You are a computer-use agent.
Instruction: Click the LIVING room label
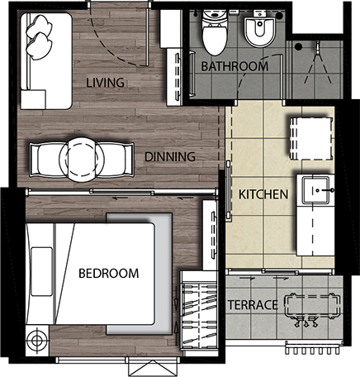click(x=105, y=83)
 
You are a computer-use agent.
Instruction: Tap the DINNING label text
click(x=170, y=156)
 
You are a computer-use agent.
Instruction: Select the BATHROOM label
click(x=234, y=66)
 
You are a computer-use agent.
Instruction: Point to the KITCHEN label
click(x=263, y=194)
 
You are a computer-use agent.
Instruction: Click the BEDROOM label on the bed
click(x=109, y=273)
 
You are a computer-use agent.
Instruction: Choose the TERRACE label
click(x=253, y=305)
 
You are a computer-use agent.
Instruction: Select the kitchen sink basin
click(x=315, y=190)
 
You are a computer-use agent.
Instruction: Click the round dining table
click(x=82, y=160)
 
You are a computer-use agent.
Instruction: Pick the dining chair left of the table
click(x=45, y=160)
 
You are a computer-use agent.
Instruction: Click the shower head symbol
click(x=318, y=47)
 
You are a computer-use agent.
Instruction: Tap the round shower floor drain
click(x=298, y=46)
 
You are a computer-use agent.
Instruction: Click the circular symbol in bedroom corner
click(x=36, y=340)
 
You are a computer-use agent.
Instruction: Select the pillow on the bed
click(x=41, y=271)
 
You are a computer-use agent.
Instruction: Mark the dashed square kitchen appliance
click(x=310, y=139)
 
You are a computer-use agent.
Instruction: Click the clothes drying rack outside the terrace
click(x=312, y=348)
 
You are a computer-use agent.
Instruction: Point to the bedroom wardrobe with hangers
click(x=198, y=310)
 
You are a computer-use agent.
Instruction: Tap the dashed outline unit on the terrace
click(x=312, y=306)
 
